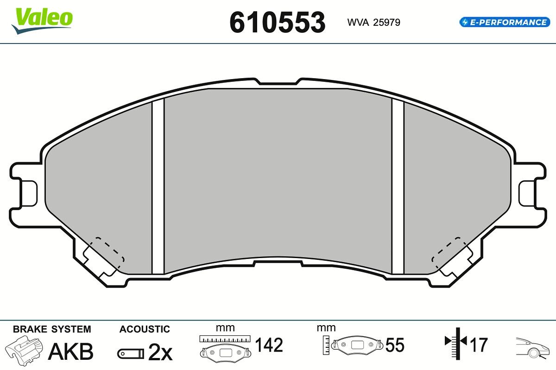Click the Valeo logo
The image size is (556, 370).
coord(42,21)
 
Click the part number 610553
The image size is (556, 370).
coord(278,23)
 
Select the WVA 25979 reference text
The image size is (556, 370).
coord(373,23)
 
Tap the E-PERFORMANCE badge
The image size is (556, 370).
coord(505,22)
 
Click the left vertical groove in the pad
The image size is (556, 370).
coord(158,186)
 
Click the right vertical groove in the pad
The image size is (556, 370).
coord(398,186)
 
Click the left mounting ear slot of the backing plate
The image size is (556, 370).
coord(29,193)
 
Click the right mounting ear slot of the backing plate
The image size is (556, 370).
coord(527,193)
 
